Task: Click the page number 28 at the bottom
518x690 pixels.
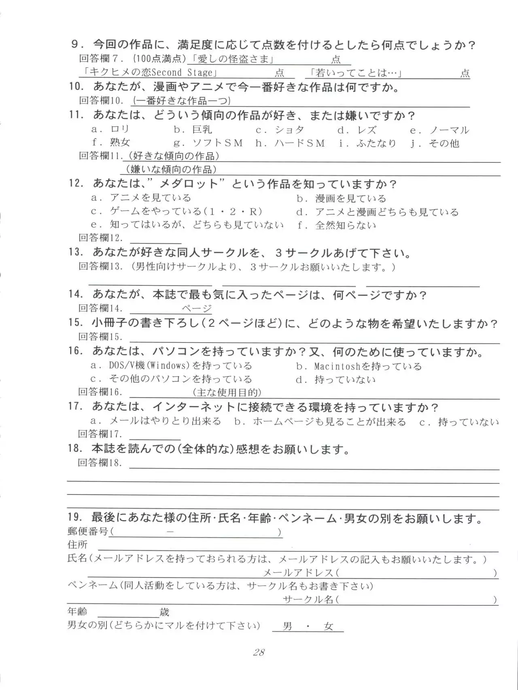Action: (x=259, y=652)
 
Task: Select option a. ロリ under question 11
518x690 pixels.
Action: (x=110, y=129)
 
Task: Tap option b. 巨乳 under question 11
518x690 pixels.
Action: (x=193, y=130)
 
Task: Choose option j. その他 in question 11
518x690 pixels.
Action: (x=435, y=143)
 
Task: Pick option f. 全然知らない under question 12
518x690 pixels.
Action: (x=336, y=225)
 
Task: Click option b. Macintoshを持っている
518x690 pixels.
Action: (x=359, y=366)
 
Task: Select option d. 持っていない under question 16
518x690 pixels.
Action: (x=336, y=380)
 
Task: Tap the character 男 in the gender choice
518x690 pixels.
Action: (x=288, y=626)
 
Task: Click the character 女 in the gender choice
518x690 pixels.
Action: (x=328, y=626)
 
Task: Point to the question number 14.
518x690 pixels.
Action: (x=76, y=294)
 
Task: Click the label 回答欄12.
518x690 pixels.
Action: (x=100, y=238)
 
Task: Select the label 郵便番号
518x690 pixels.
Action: (x=88, y=531)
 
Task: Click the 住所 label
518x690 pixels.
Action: (x=77, y=545)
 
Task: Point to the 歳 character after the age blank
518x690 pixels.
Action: (x=164, y=612)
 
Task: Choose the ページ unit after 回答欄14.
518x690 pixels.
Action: (x=197, y=309)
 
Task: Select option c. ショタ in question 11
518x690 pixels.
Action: (x=280, y=130)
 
